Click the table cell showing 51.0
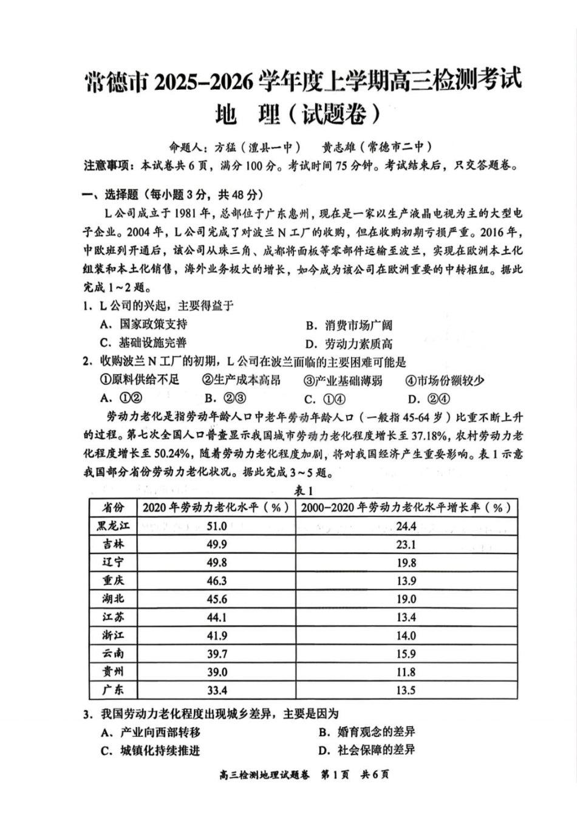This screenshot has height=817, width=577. [x=216, y=526]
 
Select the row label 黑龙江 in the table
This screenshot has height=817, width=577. [x=113, y=526]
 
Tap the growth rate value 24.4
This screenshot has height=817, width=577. [x=406, y=526]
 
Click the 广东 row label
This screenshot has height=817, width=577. [x=113, y=690]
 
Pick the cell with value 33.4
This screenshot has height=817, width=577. [x=216, y=690]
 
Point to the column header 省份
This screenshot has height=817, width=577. [x=113, y=508]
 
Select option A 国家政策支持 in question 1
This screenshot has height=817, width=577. [x=144, y=324]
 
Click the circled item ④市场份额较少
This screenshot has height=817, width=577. [x=445, y=380]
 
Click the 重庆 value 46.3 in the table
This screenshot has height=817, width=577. [x=216, y=581]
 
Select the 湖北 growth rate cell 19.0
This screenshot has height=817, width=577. [x=406, y=599]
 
